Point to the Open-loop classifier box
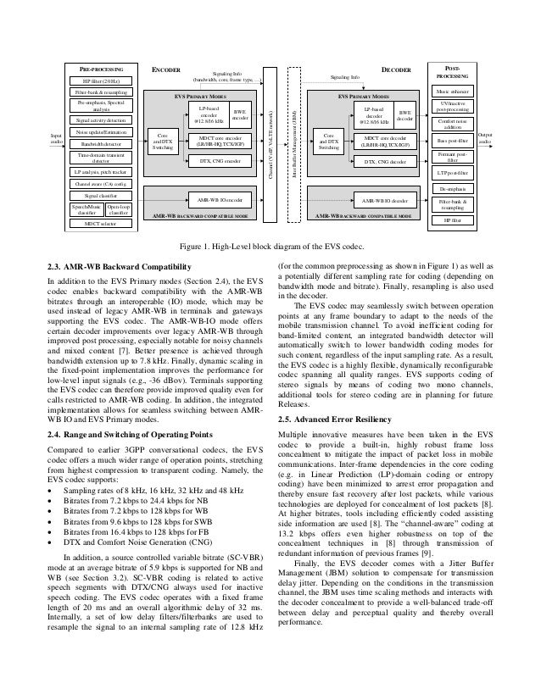[119, 210]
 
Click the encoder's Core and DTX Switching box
[161, 142]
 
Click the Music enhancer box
[459, 90]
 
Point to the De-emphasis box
[459, 187]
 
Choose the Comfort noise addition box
[459, 124]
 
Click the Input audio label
[56, 136]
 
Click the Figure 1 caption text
[270, 246]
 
